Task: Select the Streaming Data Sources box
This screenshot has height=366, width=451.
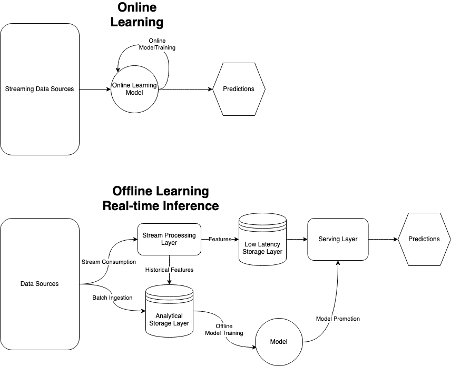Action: coord(40,89)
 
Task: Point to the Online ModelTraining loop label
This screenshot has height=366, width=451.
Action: coord(157,44)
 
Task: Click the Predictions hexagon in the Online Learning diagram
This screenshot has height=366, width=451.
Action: coord(239,89)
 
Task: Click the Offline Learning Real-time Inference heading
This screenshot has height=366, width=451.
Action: coord(161,198)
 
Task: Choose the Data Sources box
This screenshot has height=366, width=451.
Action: coord(40,284)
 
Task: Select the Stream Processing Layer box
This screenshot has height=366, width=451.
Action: coord(169,239)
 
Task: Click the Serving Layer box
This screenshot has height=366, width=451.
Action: coord(338,239)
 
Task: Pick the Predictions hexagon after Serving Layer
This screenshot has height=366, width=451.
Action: coord(424,239)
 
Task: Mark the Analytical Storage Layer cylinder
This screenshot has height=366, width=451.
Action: coord(169,314)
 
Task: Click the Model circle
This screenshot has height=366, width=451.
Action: coord(279,342)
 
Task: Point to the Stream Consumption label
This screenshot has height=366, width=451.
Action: coord(109,262)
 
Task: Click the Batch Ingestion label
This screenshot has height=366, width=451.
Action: coord(112,298)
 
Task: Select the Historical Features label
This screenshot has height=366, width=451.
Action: coord(169,270)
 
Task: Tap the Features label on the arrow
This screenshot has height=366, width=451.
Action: coord(220,239)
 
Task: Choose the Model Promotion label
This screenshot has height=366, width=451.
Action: coord(338,319)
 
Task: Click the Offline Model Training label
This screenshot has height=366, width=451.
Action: coord(224,329)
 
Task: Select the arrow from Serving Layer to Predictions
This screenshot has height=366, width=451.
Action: coord(383,239)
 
